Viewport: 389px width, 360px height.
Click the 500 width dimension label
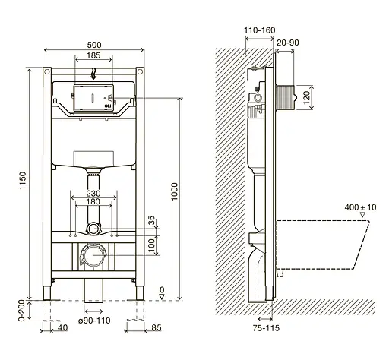pos(94,45)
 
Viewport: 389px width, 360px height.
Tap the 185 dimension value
pos(93,55)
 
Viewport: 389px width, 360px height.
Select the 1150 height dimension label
pos(23,181)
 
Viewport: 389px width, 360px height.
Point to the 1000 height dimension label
pos(174,191)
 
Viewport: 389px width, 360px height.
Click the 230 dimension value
pos(93,194)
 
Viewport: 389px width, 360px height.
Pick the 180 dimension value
pos(93,201)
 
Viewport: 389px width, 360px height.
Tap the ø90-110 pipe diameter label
pos(94,321)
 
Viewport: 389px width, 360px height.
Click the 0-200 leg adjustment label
pos(21,311)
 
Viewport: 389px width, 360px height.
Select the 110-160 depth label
pos(260,30)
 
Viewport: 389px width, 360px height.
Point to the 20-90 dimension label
pos(288,43)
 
